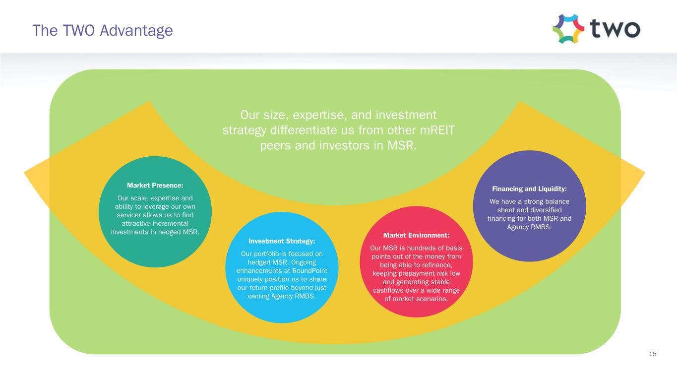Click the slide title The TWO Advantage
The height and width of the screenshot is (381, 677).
(x=103, y=31)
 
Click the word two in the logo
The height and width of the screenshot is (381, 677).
(x=615, y=29)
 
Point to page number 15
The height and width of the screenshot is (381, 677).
(x=652, y=354)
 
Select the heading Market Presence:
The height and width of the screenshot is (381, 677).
(x=155, y=185)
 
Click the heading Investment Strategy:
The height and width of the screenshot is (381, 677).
(x=282, y=241)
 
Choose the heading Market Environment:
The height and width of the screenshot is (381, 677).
(x=416, y=235)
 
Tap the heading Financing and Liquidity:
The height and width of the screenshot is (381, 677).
(x=529, y=189)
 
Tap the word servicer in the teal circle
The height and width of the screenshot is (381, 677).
(x=130, y=215)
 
